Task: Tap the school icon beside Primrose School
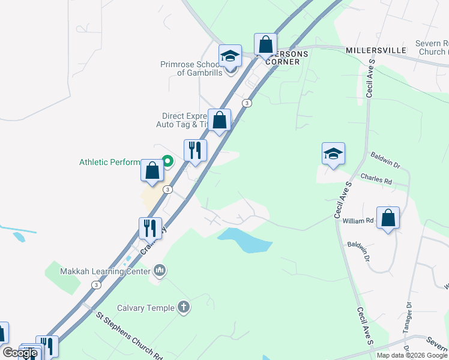tap(229, 56)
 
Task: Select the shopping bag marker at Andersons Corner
tap(265, 45)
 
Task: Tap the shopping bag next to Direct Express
tap(220, 120)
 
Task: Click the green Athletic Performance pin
tap(168, 161)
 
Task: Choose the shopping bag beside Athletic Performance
tap(152, 170)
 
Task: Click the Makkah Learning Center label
tap(105, 271)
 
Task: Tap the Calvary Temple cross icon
tap(184, 308)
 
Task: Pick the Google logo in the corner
tap(20, 353)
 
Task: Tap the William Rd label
tap(358, 221)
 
